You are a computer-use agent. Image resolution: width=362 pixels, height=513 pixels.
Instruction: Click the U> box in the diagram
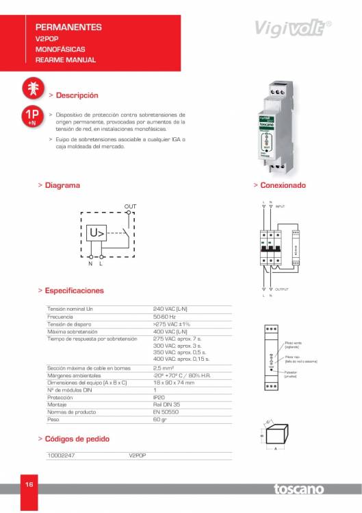click(x=98, y=234)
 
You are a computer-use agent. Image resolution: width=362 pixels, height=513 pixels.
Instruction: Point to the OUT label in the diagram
click(x=130, y=206)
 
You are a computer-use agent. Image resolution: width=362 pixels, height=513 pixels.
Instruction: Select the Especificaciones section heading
click(x=75, y=290)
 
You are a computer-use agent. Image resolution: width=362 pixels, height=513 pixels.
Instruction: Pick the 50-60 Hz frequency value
click(x=164, y=317)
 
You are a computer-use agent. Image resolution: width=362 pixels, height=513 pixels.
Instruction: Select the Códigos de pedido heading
click(x=77, y=438)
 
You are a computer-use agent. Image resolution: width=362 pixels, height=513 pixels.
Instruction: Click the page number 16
click(x=29, y=485)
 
